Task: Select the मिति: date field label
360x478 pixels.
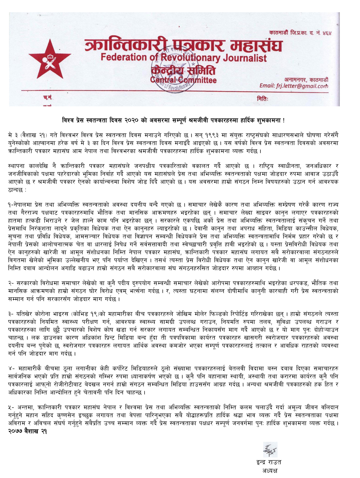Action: coord(262,99)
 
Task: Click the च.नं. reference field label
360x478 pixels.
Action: coord(48,98)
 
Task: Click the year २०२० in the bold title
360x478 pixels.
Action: coord(130,120)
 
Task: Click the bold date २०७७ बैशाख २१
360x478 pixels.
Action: coord(28,431)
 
